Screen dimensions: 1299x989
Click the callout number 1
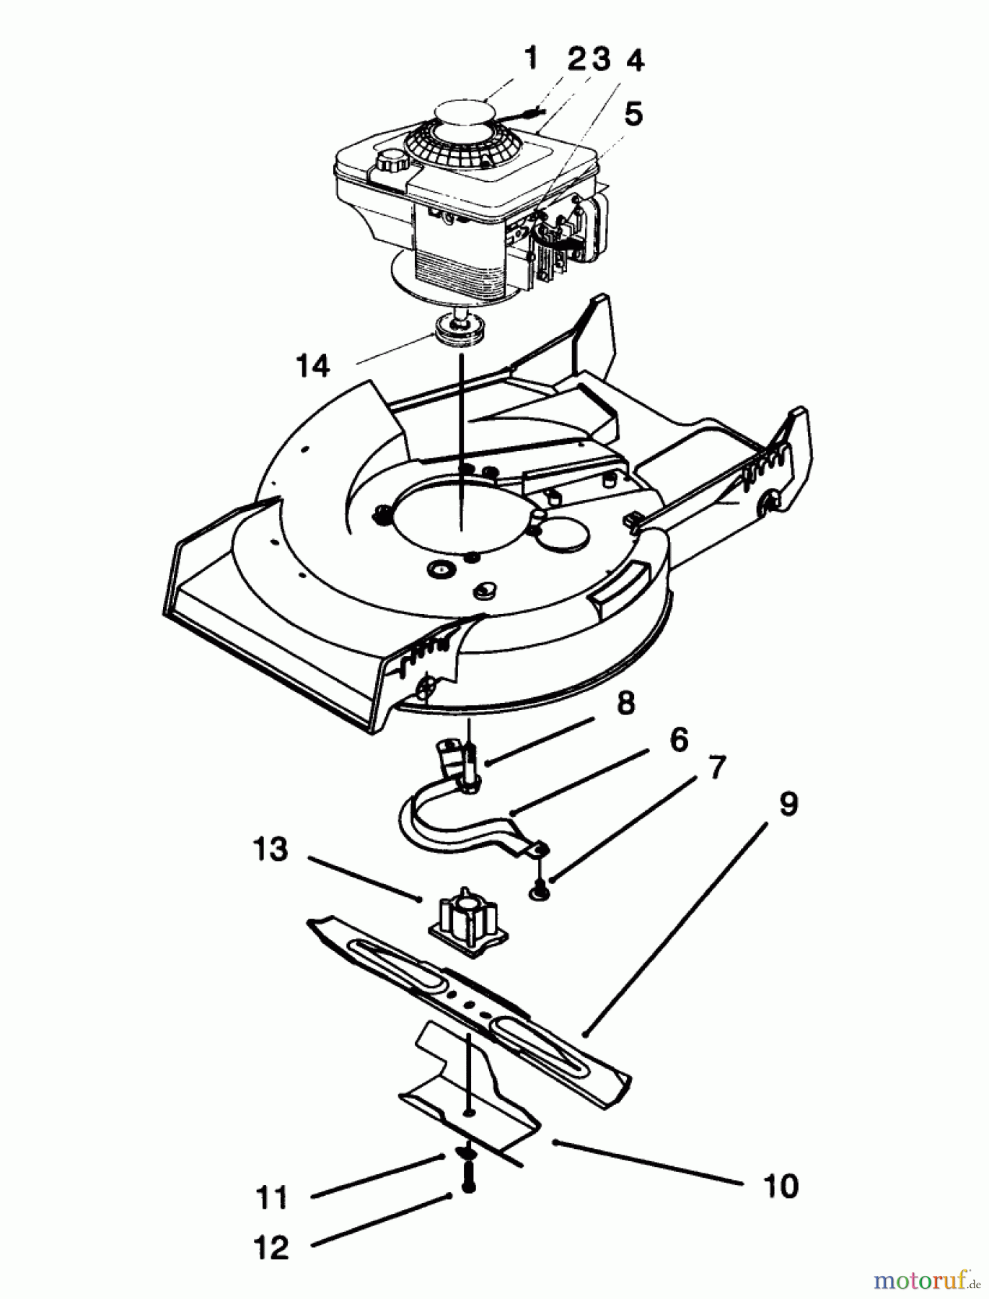coord(531,58)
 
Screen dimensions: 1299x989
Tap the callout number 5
coord(633,113)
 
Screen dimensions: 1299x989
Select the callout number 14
coord(312,366)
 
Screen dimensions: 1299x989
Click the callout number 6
coord(678,740)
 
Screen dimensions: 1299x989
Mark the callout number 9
coord(788,804)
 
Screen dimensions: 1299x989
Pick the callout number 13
coord(271,849)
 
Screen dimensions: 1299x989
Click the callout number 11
coord(271,1198)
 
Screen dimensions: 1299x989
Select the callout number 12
coord(271,1248)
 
